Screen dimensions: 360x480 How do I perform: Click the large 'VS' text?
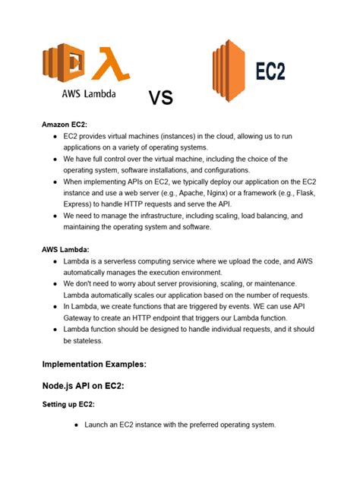tap(160, 98)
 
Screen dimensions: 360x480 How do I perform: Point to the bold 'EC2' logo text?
tap(270, 72)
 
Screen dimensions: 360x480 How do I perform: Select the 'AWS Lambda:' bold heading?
tap(65, 249)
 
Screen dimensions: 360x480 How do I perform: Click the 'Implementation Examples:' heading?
tap(94, 364)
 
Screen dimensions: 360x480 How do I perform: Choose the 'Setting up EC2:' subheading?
tap(73, 405)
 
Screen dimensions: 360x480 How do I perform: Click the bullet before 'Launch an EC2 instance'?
tap(77, 425)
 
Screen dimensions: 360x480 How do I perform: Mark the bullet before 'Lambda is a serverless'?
tap(55, 261)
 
